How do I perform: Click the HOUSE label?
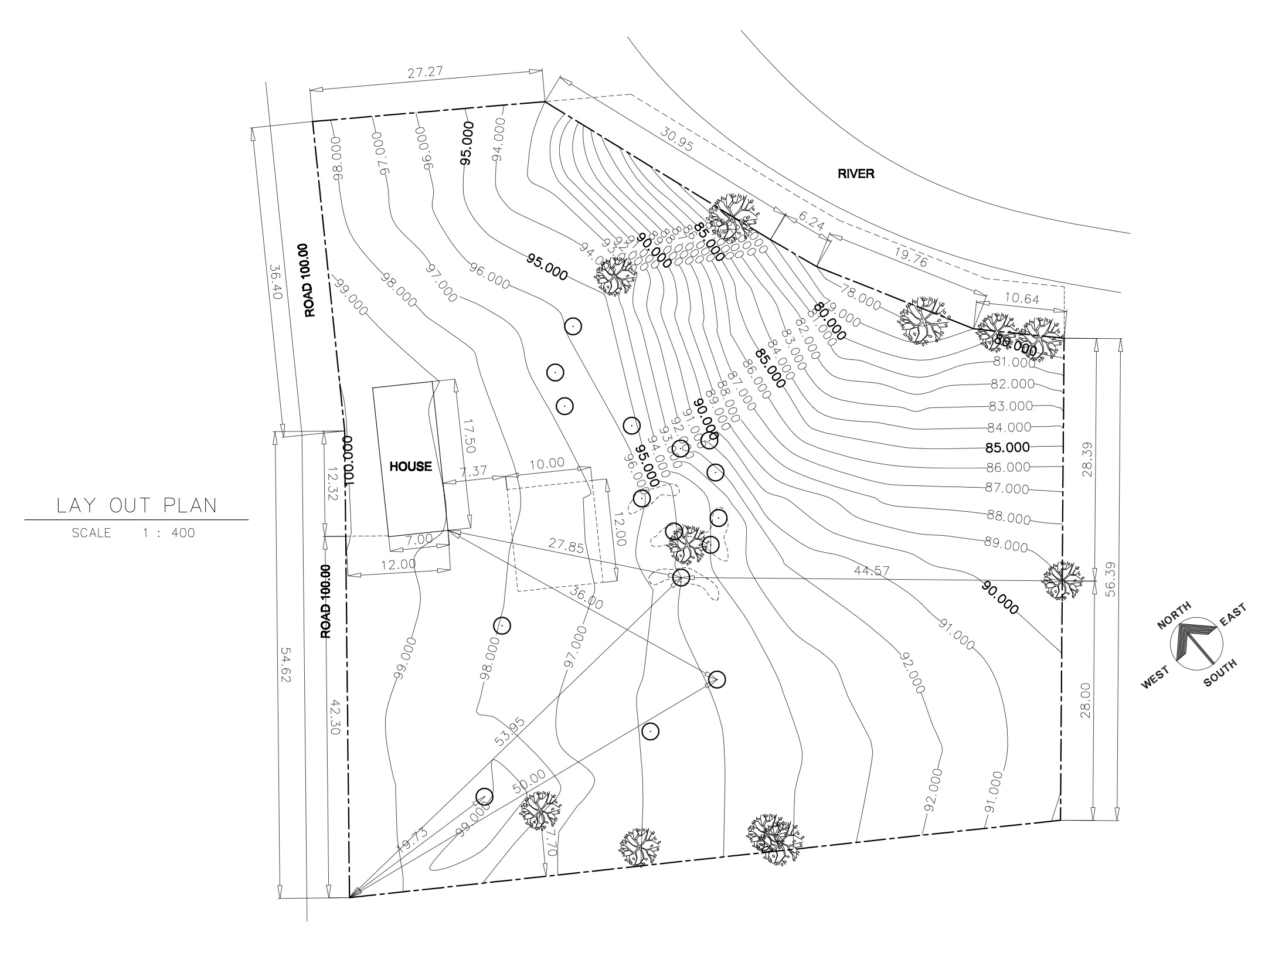click(x=411, y=467)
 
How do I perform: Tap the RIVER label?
click(x=856, y=174)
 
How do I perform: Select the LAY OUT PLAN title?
click(x=137, y=506)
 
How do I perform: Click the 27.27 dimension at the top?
click(x=425, y=73)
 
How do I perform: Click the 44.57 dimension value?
click(x=868, y=570)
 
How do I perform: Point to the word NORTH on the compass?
click(x=1174, y=615)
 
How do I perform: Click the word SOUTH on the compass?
click(x=1220, y=672)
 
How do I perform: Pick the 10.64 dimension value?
click(x=1022, y=299)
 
